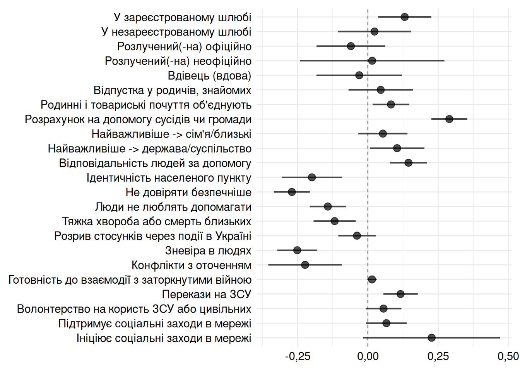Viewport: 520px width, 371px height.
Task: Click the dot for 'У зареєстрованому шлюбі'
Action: click(x=404, y=17)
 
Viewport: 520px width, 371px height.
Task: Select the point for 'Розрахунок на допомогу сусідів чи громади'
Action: click(x=449, y=119)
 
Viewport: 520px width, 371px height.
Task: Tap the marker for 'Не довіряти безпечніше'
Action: click(x=292, y=192)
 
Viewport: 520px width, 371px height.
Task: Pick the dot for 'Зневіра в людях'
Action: click(x=297, y=250)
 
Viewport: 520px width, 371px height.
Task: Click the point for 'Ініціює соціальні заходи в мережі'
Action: click(x=431, y=338)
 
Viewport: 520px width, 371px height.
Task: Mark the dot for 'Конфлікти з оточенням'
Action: click(x=305, y=265)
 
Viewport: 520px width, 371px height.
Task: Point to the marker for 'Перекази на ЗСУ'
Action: click(x=400, y=294)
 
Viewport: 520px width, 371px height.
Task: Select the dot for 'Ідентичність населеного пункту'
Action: click(x=312, y=177)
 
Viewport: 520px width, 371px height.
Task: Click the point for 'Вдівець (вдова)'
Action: click(x=359, y=75)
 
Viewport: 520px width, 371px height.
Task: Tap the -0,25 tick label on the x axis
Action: click(x=298, y=356)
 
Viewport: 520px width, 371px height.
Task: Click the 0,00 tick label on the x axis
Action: click(x=368, y=356)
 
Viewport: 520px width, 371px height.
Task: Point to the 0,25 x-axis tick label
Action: click(x=438, y=356)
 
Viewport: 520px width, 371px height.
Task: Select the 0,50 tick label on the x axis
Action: click(x=508, y=356)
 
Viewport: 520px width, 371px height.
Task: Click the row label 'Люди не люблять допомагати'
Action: click(x=173, y=207)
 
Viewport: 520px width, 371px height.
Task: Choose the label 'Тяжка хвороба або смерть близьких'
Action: click(x=157, y=222)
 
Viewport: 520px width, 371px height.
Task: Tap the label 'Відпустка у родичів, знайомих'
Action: click(x=172, y=90)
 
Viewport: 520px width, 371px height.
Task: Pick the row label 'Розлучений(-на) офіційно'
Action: click(x=184, y=47)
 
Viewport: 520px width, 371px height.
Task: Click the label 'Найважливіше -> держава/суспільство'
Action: click(x=150, y=149)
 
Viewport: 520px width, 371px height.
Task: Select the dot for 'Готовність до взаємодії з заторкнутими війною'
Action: click(x=372, y=279)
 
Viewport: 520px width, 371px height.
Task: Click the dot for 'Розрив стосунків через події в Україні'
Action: click(x=357, y=236)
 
